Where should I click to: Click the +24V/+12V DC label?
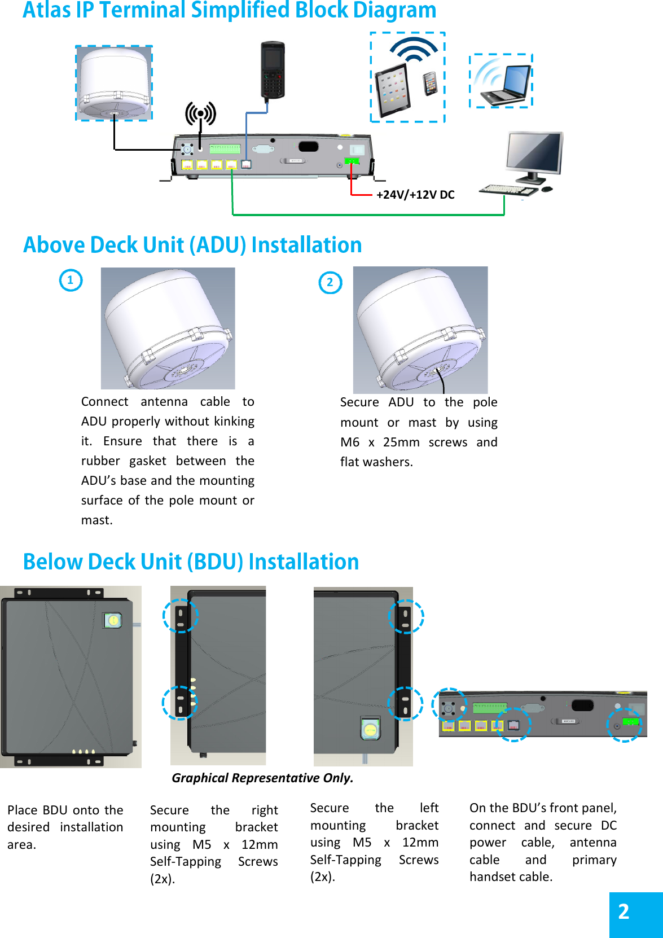tap(415, 195)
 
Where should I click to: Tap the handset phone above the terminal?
tap(273, 70)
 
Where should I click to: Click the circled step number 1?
tap(71, 280)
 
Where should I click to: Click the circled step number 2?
tap(330, 283)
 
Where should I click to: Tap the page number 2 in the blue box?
tap(624, 911)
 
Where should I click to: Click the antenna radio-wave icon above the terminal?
tap(200, 114)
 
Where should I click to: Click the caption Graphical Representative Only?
tap(262, 778)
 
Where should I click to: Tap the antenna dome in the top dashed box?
tap(115, 82)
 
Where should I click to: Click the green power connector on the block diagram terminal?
tap(351, 161)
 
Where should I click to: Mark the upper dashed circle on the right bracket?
tap(181, 615)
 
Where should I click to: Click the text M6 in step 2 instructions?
tap(349, 442)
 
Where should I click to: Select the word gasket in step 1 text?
tap(147, 461)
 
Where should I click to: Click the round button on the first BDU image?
tap(113, 620)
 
